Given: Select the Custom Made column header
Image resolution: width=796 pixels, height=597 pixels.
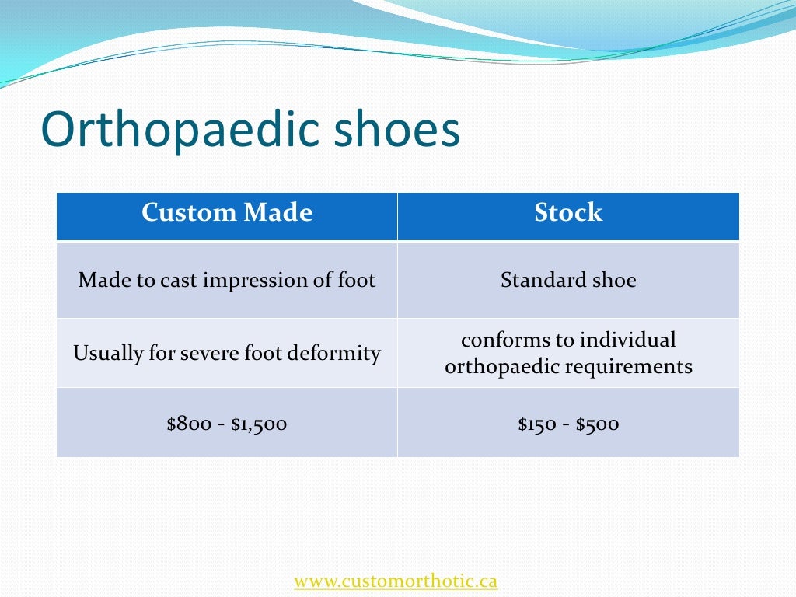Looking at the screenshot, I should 227,213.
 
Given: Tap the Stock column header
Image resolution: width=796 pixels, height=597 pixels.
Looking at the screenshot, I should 568,213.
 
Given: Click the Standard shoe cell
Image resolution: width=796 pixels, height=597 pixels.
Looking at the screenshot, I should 568,280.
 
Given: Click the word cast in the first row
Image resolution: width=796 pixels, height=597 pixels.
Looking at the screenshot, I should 179,280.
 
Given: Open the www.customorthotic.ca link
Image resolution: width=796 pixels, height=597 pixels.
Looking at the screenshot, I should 396,581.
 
